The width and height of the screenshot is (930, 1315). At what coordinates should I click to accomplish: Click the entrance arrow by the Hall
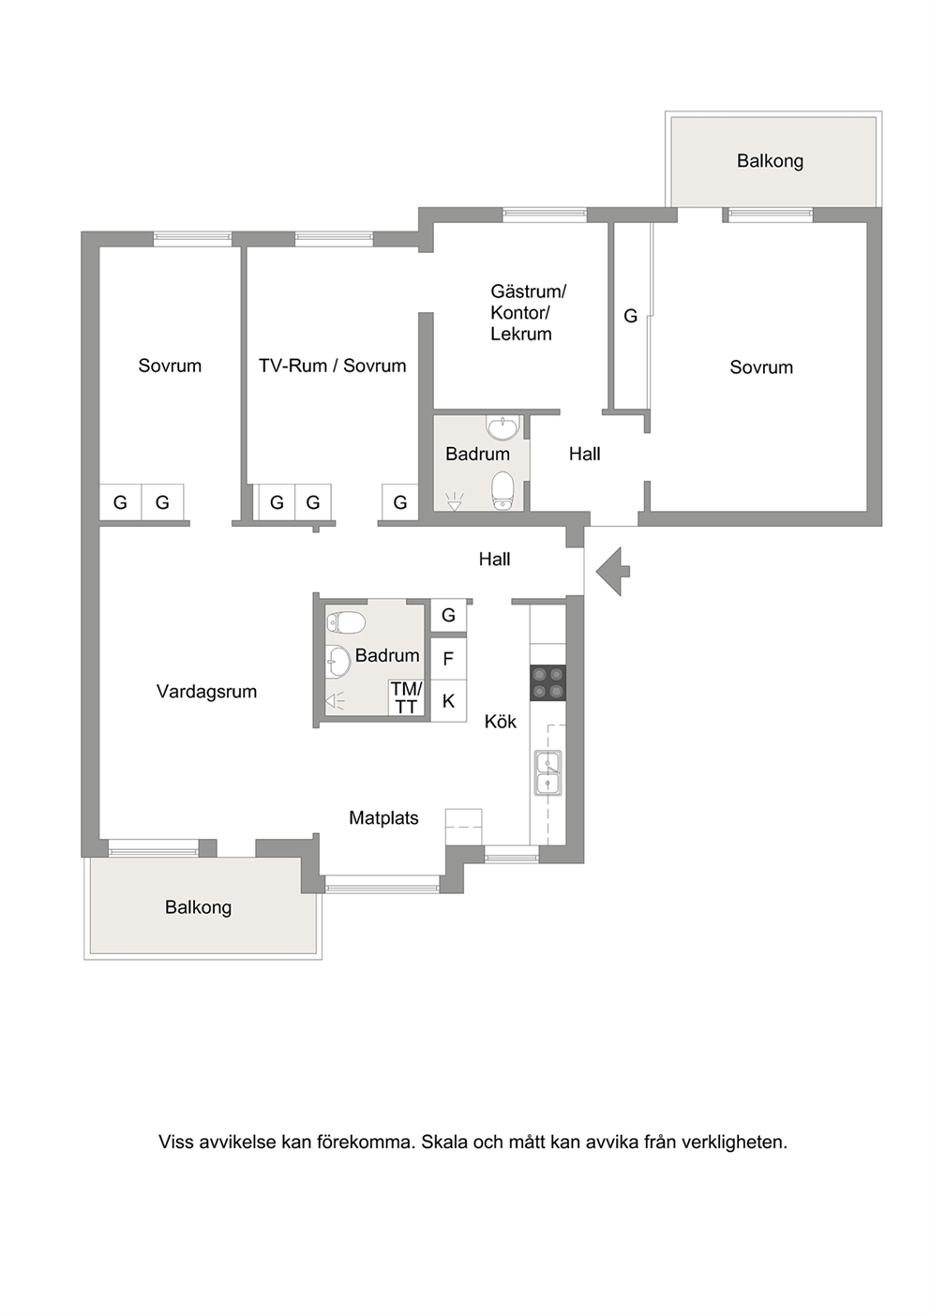click(x=612, y=571)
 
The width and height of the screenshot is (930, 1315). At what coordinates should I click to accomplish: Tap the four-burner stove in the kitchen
click(x=547, y=682)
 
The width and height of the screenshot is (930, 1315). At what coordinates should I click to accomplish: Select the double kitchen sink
click(x=547, y=772)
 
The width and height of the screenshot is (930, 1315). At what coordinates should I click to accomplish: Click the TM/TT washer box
click(x=406, y=698)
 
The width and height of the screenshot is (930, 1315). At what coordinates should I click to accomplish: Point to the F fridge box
click(x=448, y=659)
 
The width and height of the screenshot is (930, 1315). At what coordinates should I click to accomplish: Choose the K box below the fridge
click(x=448, y=701)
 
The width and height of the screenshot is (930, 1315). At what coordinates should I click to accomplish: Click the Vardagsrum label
click(x=206, y=692)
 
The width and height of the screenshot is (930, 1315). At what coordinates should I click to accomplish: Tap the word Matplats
click(x=384, y=817)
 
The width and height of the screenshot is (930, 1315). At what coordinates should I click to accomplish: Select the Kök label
click(x=501, y=721)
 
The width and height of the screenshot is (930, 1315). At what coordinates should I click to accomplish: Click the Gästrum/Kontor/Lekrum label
click(x=528, y=312)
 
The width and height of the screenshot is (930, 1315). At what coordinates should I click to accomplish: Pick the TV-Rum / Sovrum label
click(x=332, y=366)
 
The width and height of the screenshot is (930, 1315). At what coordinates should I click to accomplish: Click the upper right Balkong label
click(x=771, y=161)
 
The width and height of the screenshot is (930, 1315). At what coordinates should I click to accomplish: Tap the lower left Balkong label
click(x=198, y=907)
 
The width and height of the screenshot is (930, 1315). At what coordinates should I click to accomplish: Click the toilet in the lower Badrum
click(x=346, y=622)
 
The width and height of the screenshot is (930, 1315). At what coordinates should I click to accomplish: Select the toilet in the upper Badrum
click(x=502, y=491)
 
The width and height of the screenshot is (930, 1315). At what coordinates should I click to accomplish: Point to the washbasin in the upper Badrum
click(x=503, y=428)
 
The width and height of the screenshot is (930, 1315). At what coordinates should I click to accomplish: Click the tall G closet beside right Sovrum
click(x=631, y=316)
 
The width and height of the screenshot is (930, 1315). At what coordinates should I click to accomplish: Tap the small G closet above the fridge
click(x=448, y=615)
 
